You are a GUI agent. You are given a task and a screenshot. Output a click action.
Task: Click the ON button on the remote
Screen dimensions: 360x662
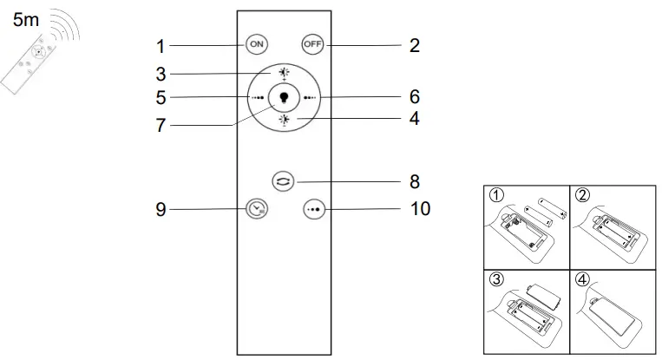(256, 43)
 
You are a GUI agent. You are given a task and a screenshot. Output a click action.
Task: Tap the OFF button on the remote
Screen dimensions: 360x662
(311, 43)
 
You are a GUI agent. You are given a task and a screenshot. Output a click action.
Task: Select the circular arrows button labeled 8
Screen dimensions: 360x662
(284, 181)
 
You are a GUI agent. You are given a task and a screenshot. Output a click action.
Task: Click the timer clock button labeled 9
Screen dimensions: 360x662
(256, 209)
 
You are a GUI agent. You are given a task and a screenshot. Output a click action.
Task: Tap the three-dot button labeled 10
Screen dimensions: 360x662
(311, 210)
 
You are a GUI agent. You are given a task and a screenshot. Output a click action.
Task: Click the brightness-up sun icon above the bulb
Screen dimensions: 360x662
(284, 72)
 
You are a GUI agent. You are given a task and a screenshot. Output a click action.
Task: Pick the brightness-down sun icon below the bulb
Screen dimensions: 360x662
(284, 121)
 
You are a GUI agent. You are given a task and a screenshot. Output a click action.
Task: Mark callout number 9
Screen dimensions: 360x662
(161, 209)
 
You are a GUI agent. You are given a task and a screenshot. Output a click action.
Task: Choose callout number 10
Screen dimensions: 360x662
(420, 209)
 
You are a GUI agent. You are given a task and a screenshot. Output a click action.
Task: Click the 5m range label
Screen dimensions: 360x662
(26, 20)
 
